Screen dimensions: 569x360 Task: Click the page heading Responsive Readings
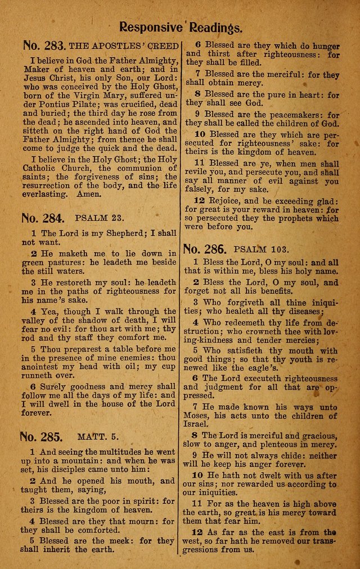(181, 26)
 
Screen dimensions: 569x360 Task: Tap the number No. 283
(44, 45)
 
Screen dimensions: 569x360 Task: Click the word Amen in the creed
(90, 194)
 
